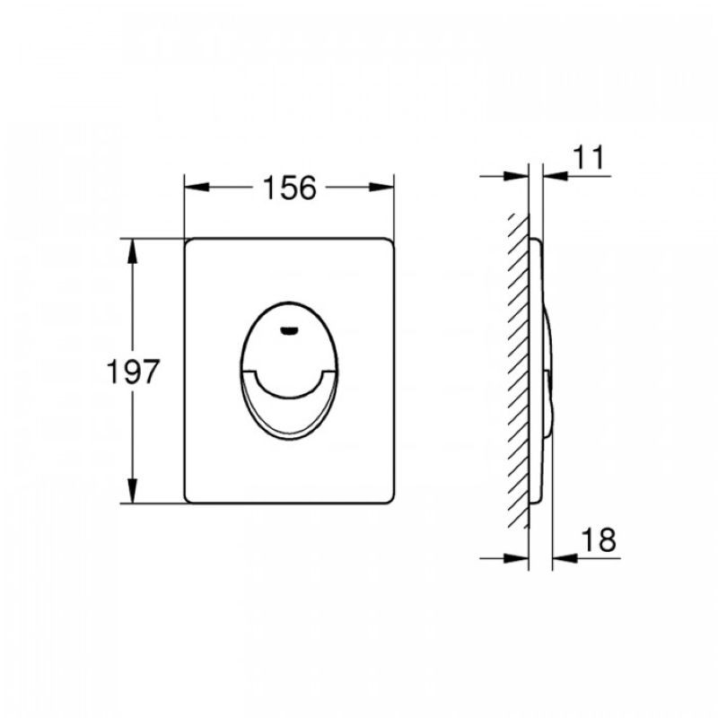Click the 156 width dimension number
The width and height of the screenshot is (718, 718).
click(289, 188)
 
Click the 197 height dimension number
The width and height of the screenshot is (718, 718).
click(133, 371)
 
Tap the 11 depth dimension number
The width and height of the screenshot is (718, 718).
click(589, 158)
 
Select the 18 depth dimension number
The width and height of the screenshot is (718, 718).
click(599, 540)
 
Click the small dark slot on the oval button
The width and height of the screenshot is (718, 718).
click(288, 330)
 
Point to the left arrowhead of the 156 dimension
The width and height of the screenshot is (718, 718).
click(197, 188)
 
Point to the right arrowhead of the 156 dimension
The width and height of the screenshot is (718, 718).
click(381, 188)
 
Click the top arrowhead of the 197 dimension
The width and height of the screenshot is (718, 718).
click(132, 251)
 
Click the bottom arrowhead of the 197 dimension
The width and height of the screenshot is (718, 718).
click(132, 490)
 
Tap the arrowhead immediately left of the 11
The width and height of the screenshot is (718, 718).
click(556, 175)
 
